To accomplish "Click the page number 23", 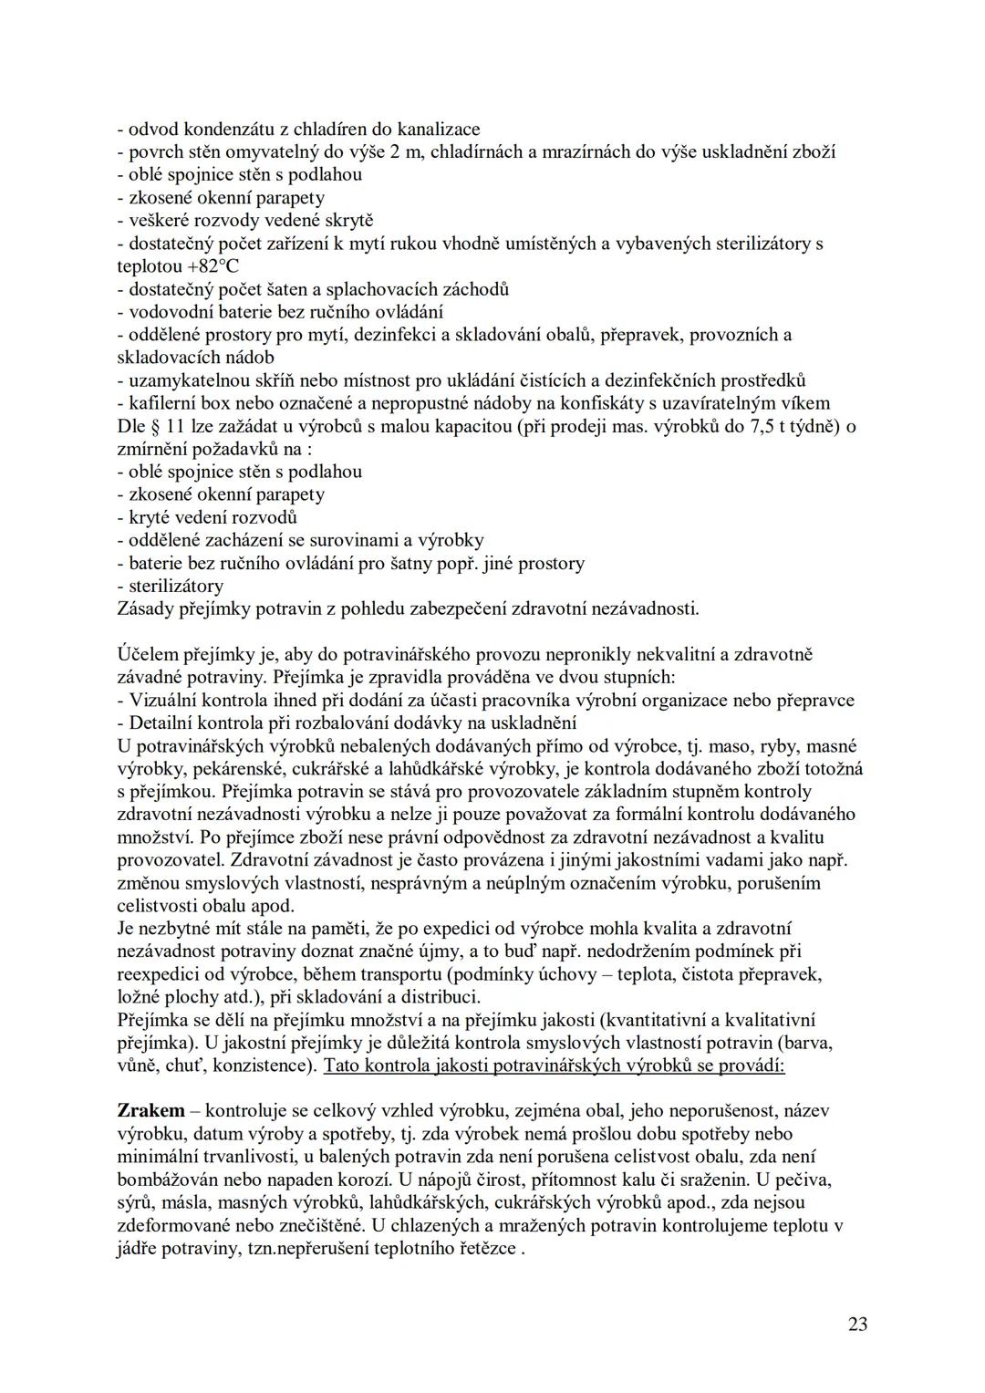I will [x=856, y=1325].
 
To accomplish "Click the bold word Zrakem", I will [x=150, y=1111].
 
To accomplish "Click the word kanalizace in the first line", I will [x=435, y=130].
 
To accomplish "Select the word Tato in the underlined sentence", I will [x=343, y=1066].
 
